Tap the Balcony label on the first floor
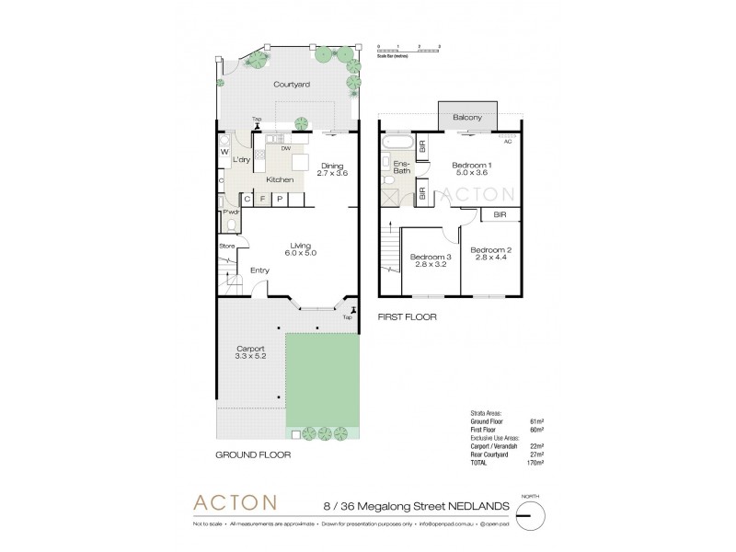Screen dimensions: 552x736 [x=468, y=118]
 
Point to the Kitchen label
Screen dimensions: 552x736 [x=280, y=180]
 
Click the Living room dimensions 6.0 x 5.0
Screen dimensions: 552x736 [x=300, y=252]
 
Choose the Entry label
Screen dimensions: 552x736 [x=260, y=270]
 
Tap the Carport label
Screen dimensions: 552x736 [x=251, y=349]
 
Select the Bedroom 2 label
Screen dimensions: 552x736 [x=490, y=250]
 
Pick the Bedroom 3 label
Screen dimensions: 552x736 [x=431, y=257]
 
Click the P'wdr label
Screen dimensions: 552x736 [x=231, y=213]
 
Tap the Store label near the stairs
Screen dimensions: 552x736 [x=227, y=246]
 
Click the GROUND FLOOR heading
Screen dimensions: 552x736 [x=254, y=454]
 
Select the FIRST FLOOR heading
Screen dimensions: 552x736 [x=407, y=316]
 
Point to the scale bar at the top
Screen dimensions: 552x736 [x=409, y=49]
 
